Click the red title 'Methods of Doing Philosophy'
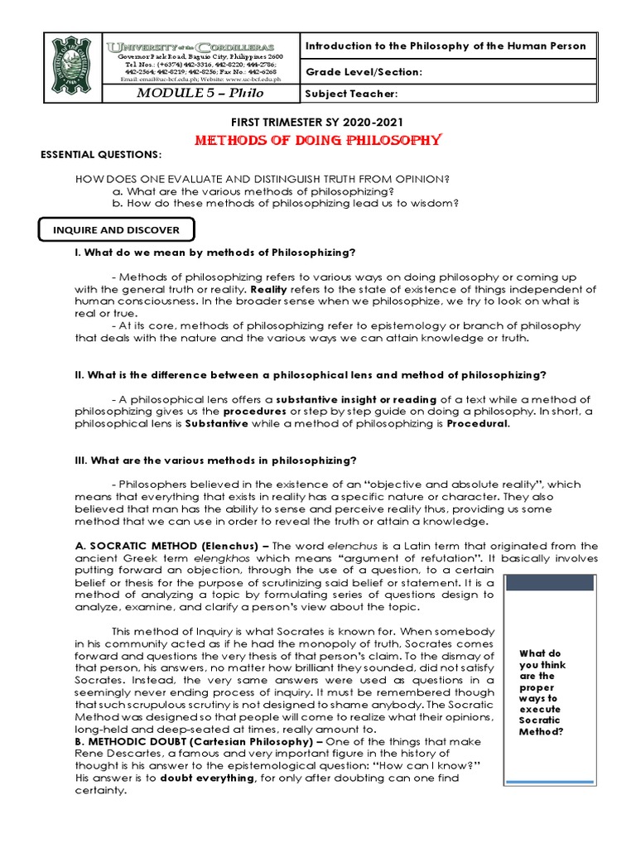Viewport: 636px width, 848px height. [317, 140]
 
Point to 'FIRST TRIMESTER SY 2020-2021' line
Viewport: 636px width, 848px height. [317, 122]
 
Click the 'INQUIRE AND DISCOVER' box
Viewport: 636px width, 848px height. [116, 229]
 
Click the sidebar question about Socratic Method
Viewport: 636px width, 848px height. [541, 691]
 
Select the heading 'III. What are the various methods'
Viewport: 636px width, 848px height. [216, 460]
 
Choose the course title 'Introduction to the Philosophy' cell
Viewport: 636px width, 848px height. [446, 46]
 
